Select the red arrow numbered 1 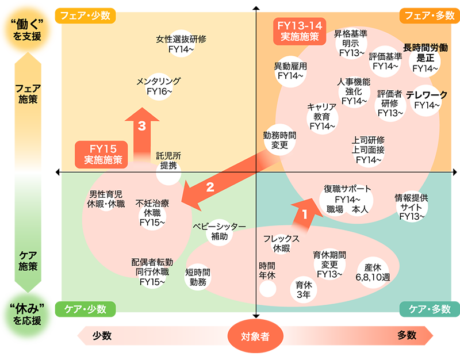pos(306,213)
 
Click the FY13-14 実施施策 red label pos(300,32)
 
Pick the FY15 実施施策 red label pos(101,155)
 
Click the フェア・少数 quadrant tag pos(85,16)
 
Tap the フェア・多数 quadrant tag pos(430,16)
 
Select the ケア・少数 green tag pos(85,309)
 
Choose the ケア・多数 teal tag pos(430,309)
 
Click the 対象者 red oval pos(255,336)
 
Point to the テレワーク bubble pos(427,100)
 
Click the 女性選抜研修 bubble pos(181,44)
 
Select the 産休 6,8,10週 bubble pos(373,273)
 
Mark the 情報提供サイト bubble pos(412,207)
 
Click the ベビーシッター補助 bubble pos(220,232)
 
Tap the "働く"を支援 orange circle pos(27,30)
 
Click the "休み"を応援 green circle pos(27,315)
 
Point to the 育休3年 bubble pos(304,289)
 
